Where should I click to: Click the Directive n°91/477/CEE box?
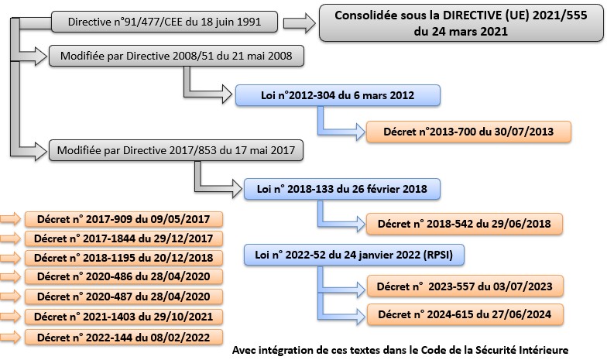(x=164, y=22)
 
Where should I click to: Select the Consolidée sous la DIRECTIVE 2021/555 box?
(x=461, y=23)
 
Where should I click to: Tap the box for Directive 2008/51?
(x=177, y=56)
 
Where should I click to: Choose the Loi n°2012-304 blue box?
(x=338, y=95)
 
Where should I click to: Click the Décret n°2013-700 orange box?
(x=468, y=132)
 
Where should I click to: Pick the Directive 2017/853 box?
(x=176, y=150)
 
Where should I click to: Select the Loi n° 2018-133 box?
(x=342, y=189)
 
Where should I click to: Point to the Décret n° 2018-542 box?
(x=465, y=224)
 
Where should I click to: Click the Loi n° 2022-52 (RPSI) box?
(x=354, y=255)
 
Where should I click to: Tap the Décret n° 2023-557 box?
(x=465, y=286)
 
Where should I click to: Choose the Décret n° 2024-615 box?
(x=465, y=314)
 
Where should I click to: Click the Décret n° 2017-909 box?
(x=124, y=219)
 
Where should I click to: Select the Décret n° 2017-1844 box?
(x=124, y=238)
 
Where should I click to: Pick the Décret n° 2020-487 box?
(x=124, y=297)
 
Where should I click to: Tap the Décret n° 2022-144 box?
(x=124, y=338)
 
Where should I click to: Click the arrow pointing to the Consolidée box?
(x=299, y=23)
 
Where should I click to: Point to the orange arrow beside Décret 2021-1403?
(x=11, y=317)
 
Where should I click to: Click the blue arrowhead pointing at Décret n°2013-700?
(x=360, y=132)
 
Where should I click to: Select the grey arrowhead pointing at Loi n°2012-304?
(x=227, y=94)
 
